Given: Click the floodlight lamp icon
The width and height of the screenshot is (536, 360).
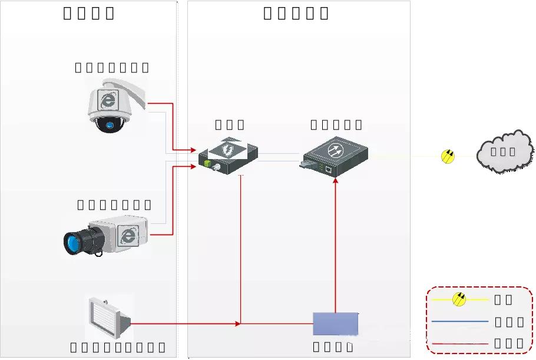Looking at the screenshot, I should click(x=108, y=319).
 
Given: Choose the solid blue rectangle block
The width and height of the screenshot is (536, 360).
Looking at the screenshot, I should click(x=335, y=323).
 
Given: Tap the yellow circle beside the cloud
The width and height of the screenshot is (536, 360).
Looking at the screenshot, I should click(x=448, y=156).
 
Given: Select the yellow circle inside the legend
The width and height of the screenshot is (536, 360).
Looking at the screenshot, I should click(x=459, y=299).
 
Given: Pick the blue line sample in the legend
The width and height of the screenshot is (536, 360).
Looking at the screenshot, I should click(x=459, y=322).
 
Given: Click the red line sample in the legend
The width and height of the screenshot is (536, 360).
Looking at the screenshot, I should click(x=459, y=344).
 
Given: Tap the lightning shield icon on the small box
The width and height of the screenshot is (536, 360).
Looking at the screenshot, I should click(x=227, y=149).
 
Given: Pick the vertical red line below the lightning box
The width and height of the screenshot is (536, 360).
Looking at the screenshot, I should click(x=241, y=247).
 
